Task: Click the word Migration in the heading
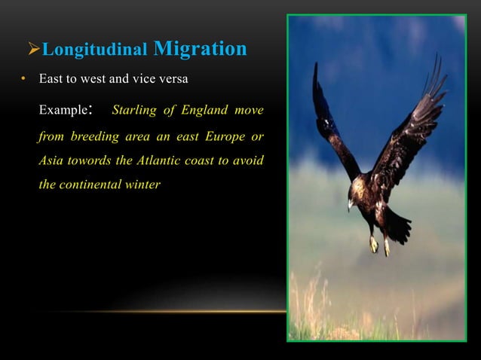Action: coord(200,50)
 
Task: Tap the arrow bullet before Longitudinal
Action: coord(33,51)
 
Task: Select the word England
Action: coord(200,111)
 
